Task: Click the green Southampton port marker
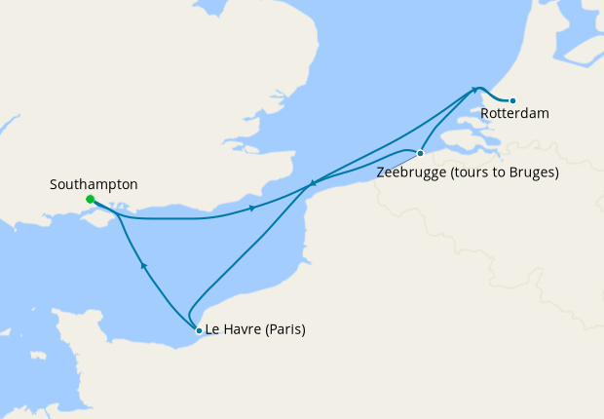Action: point(90,200)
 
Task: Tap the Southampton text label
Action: point(94,184)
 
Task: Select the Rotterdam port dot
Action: point(513,100)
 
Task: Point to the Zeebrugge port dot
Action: point(420,153)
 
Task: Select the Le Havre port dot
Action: point(199,330)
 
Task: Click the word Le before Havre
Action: point(213,329)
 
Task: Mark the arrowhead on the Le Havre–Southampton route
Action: point(143,264)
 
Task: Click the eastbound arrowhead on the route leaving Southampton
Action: point(253,209)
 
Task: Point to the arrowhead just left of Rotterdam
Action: point(476,91)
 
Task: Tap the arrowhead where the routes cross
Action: point(312,182)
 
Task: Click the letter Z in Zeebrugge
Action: point(380,173)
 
